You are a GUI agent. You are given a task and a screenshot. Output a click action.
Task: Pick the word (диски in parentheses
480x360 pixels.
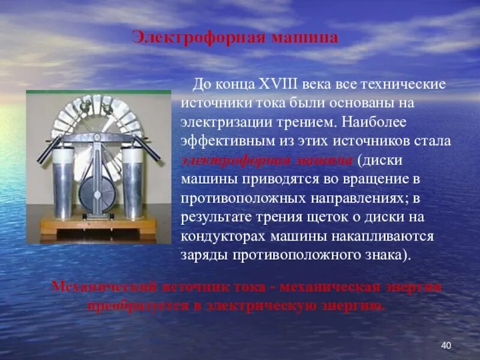pyautogui.click(x=376, y=161)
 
